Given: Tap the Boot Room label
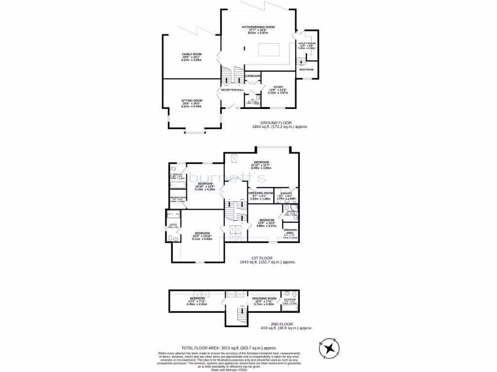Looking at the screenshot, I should point(306,70).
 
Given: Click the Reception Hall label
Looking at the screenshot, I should point(232,90).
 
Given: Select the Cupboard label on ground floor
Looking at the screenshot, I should point(252,76).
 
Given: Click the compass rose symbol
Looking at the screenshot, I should point(330,347).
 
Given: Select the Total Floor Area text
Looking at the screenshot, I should point(229,348).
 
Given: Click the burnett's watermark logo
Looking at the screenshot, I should point(227,178).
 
